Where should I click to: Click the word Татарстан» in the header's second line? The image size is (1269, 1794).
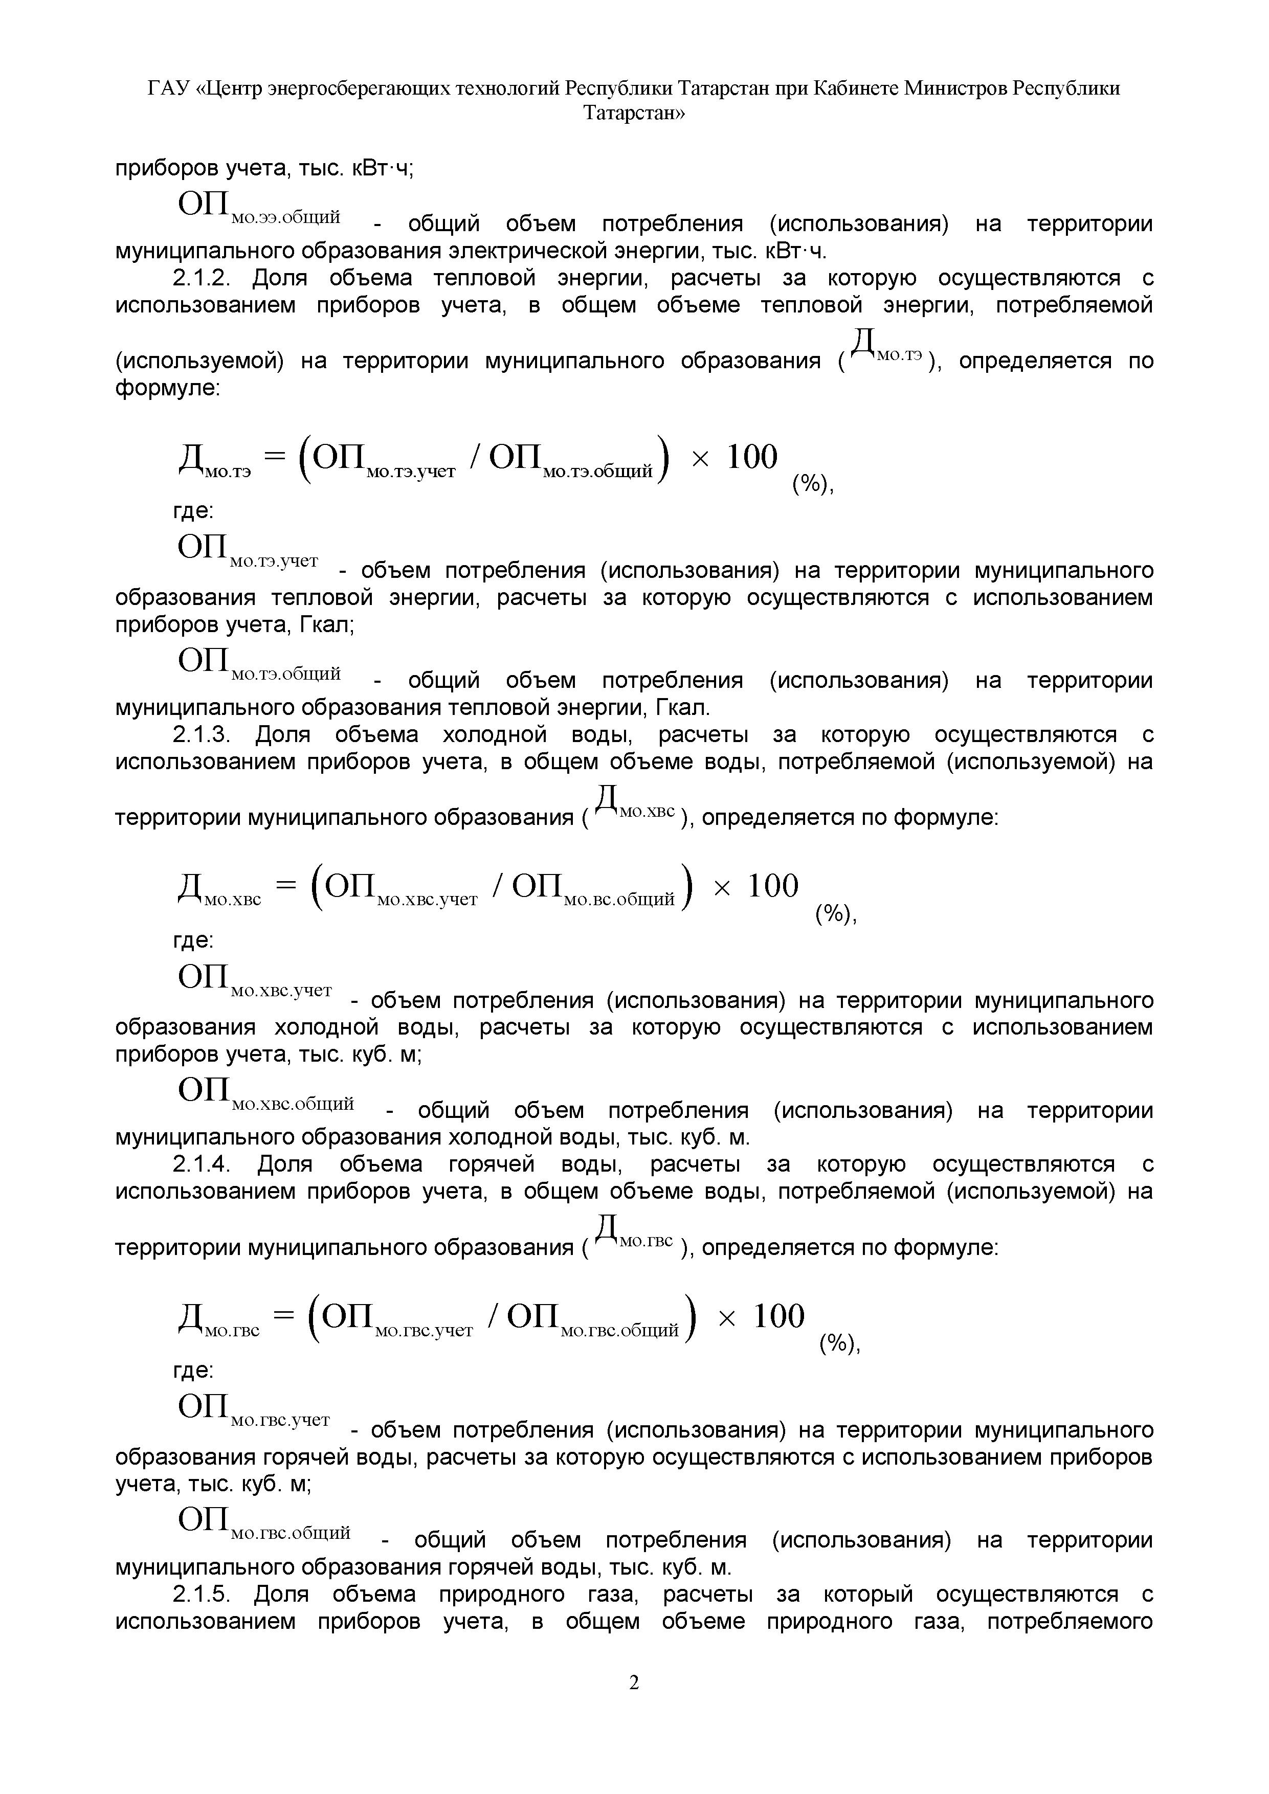[x=634, y=114]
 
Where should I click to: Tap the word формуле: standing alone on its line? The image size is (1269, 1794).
[x=168, y=388]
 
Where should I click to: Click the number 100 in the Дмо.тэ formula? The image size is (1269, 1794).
[x=752, y=457]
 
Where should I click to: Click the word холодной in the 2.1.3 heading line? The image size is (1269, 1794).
[x=487, y=735]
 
